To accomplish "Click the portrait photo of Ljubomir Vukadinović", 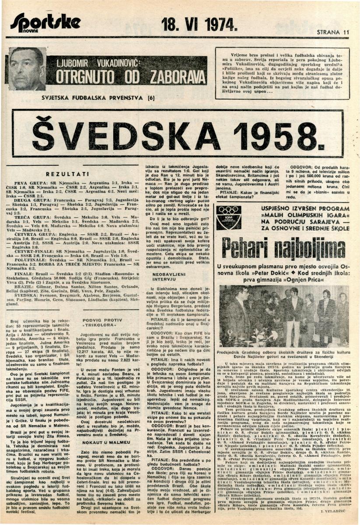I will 27,69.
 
